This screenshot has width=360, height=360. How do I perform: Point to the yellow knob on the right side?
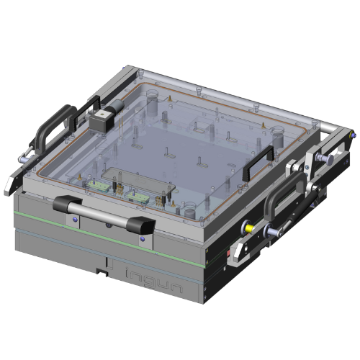pos(249,226)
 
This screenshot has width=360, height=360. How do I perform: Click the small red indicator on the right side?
pos(230,253)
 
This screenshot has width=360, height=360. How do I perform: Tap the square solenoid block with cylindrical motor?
pos(102,118)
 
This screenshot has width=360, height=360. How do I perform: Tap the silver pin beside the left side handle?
pos(27,155)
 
